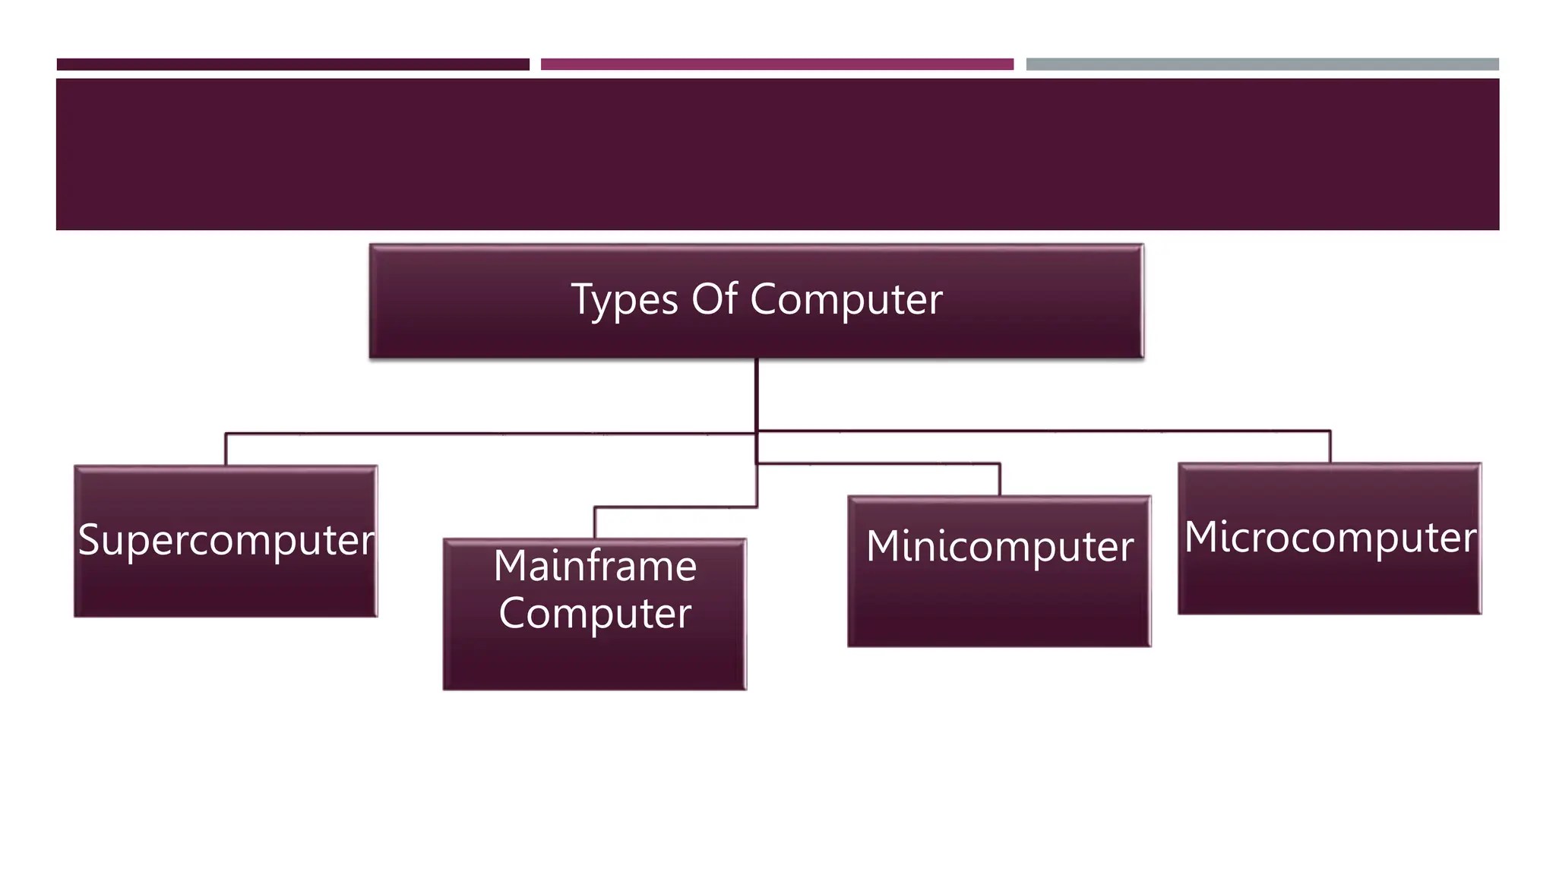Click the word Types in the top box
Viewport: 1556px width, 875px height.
[624, 299]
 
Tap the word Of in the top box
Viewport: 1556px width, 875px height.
[714, 299]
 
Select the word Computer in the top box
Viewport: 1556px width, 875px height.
[846, 299]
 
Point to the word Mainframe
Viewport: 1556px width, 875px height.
[595, 566]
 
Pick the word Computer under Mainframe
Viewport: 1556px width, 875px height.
[595, 613]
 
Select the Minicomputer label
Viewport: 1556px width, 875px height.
[1000, 546]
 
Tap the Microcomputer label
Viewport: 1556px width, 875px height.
[1330, 537]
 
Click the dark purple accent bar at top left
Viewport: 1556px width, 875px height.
[293, 65]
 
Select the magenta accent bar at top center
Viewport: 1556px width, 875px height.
[776, 65]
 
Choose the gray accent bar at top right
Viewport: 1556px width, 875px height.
[1262, 65]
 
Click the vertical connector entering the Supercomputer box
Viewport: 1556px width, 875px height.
[226, 450]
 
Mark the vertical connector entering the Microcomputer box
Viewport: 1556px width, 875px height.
[1330, 447]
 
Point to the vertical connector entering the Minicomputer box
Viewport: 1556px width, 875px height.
[1000, 479]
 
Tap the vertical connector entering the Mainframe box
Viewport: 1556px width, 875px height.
[595, 523]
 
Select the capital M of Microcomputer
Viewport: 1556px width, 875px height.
[1201, 536]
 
